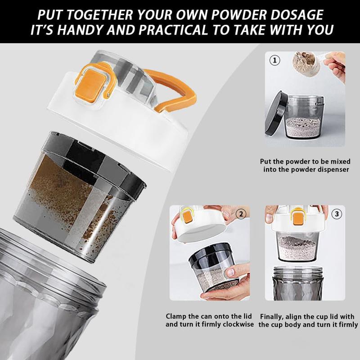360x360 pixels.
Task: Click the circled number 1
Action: coord(274,60)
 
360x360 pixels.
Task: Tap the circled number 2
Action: coord(241,214)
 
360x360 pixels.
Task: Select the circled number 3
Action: coord(337,214)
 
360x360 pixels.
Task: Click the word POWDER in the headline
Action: coord(239,15)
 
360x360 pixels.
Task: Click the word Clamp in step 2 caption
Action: coord(176,316)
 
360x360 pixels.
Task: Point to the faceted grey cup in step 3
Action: coord(298,283)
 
